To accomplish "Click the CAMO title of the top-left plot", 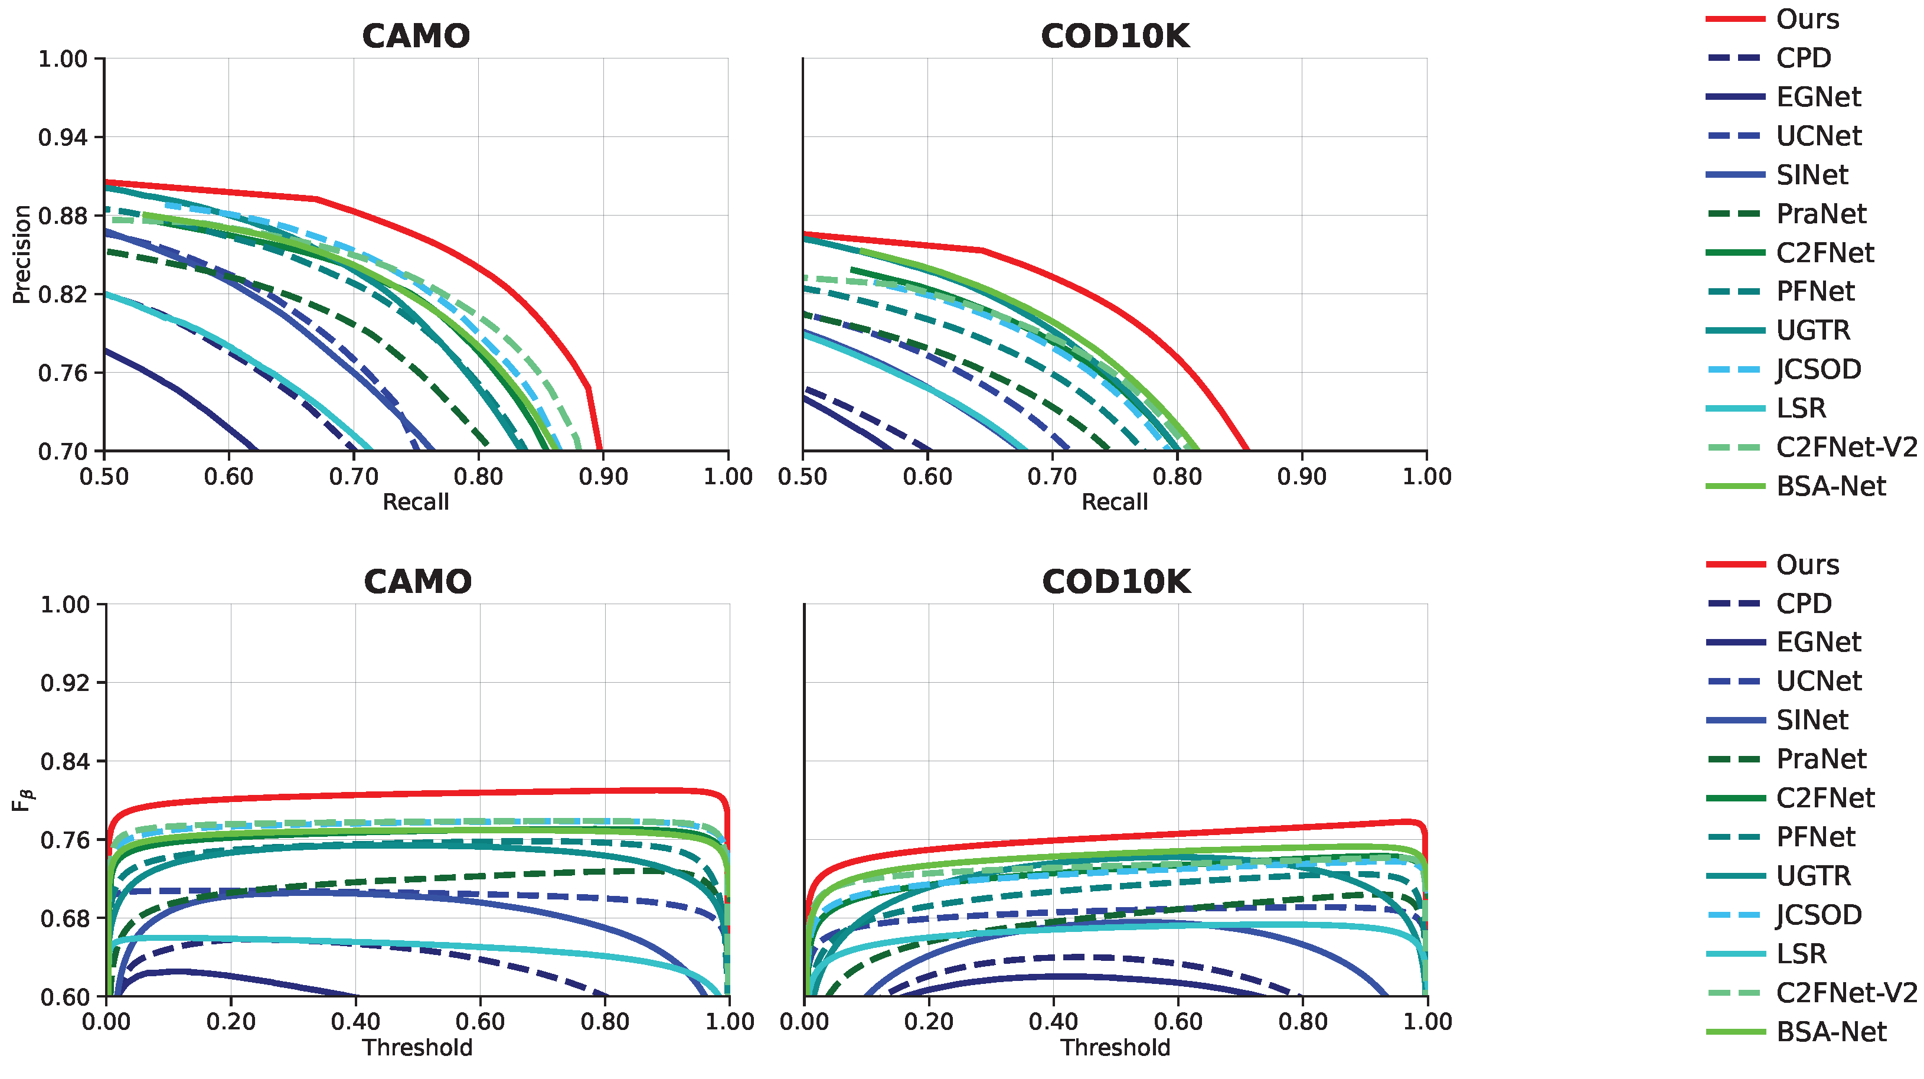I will [x=416, y=36].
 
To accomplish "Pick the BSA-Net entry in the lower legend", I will [x=1831, y=1032].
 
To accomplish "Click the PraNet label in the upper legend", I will [x=1820, y=214].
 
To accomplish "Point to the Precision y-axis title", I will [x=22, y=254].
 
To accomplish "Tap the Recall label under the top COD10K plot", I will [x=1115, y=502].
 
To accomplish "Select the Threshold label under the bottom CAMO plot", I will [x=417, y=1048].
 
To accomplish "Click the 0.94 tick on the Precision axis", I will [x=63, y=138].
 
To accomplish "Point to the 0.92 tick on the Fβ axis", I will [x=64, y=683].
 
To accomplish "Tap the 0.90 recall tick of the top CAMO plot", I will [x=603, y=477].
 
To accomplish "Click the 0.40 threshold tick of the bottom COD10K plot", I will [x=1053, y=1022].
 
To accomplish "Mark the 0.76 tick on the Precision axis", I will [x=63, y=373].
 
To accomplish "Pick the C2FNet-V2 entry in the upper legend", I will [x=1845, y=447].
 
